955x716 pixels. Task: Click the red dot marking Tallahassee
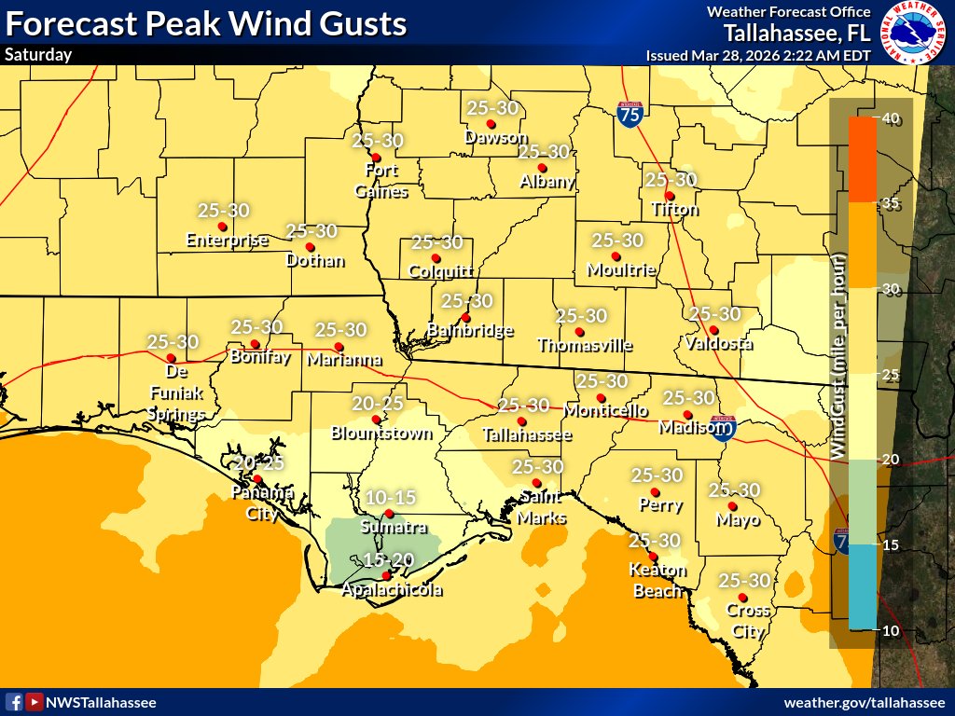(x=520, y=422)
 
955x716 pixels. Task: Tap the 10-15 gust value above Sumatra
(x=390, y=497)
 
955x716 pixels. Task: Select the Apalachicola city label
(x=391, y=590)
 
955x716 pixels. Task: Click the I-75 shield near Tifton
(x=630, y=115)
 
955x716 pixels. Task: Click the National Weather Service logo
(x=913, y=33)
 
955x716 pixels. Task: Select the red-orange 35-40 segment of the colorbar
(x=863, y=159)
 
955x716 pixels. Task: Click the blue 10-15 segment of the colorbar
(x=863, y=587)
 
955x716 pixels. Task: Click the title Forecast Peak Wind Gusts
(x=206, y=23)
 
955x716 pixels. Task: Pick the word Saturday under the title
(x=38, y=55)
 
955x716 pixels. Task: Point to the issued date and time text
(x=758, y=55)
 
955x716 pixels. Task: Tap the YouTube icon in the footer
(x=34, y=702)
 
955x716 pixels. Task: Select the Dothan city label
(x=315, y=261)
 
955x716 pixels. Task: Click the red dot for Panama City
(x=258, y=479)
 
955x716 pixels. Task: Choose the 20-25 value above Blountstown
(x=378, y=404)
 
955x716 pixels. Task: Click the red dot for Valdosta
(x=713, y=330)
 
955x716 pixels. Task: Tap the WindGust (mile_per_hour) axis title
(x=837, y=354)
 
